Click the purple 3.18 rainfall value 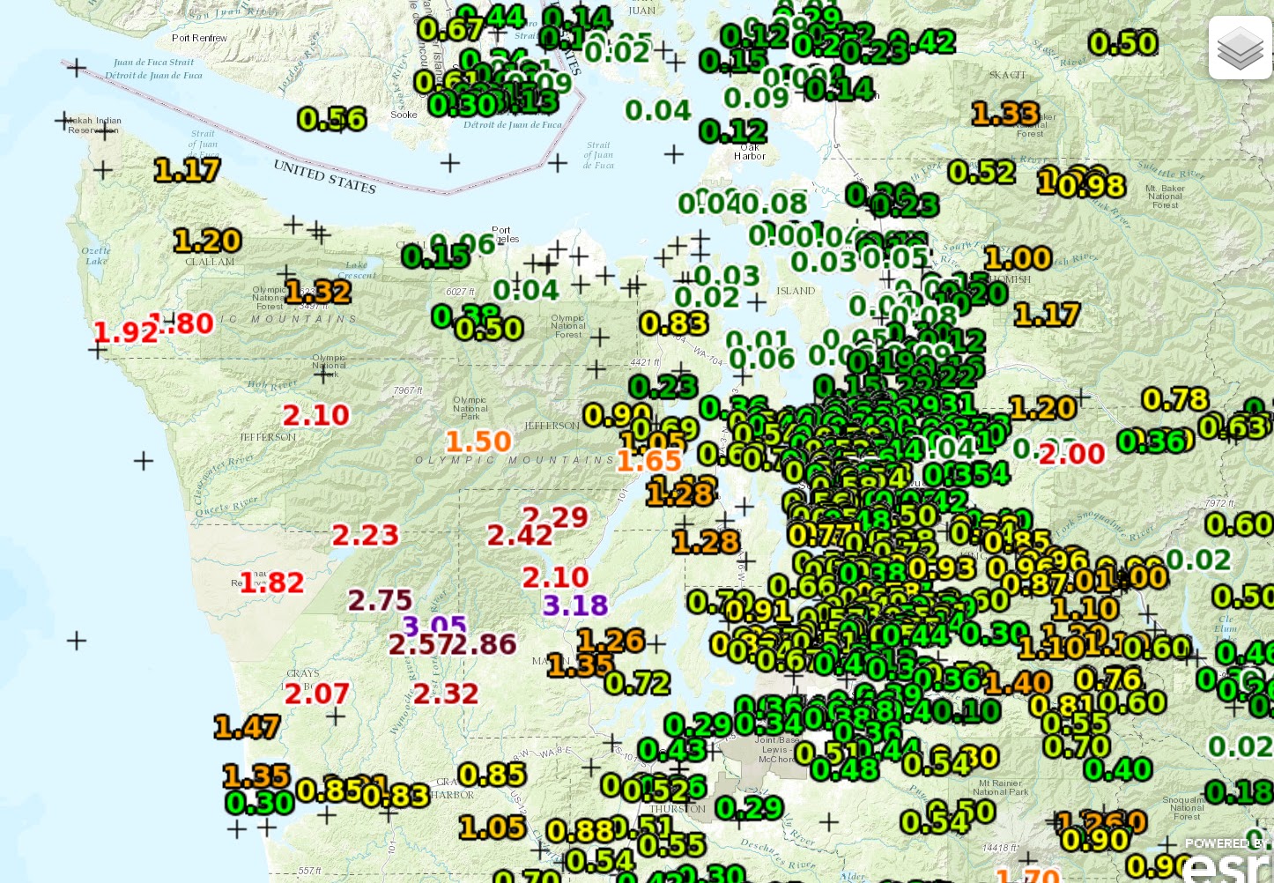point(575,605)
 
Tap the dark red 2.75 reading point(380,600)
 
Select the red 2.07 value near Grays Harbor point(317,694)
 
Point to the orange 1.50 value point(478,441)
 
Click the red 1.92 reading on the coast point(125,332)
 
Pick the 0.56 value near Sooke point(331,119)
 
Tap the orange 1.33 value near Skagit point(1005,114)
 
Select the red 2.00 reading point(1071,454)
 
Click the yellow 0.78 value point(1175,399)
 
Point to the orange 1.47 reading point(247,727)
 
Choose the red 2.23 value point(365,535)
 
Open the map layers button point(1240,48)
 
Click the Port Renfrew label point(199,38)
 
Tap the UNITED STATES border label point(324,176)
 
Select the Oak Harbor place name point(750,152)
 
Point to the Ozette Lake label point(96,256)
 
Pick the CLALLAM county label point(210,262)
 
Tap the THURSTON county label point(678,809)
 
